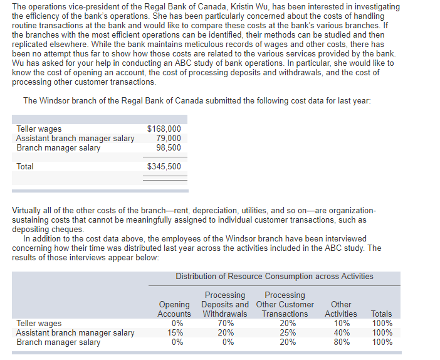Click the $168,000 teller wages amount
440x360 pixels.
pyautogui.click(x=164, y=129)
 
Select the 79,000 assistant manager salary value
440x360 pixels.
pyautogui.click(x=168, y=139)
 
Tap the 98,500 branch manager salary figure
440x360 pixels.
pyautogui.click(x=168, y=148)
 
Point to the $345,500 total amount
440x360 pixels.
pyautogui.click(x=164, y=167)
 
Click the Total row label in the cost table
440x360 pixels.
pyautogui.click(x=25, y=167)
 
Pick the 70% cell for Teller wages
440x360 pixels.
pyautogui.click(x=225, y=324)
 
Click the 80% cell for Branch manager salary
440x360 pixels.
pyautogui.click(x=341, y=342)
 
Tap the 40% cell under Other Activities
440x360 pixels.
pyautogui.click(x=341, y=333)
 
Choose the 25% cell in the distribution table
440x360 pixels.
pyautogui.click(x=285, y=333)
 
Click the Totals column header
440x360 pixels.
pyautogui.click(x=381, y=314)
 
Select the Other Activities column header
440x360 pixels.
pyautogui.click(x=341, y=309)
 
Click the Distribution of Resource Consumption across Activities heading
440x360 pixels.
pyautogui.click(x=274, y=277)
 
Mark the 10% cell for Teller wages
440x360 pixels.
pyautogui.click(x=341, y=324)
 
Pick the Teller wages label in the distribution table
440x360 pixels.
pyautogui.click(x=39, y=324)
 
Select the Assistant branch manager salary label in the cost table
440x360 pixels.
pyautogui.click(x=75, y=139)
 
